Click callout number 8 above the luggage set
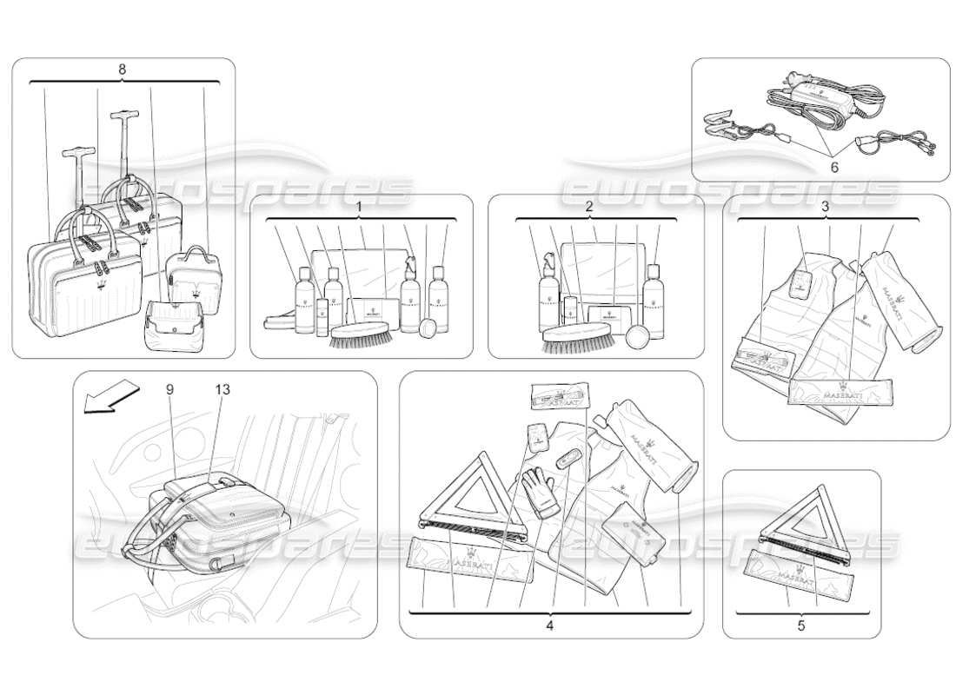(123, 68)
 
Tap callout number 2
(588, 207)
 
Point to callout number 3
(824, 207)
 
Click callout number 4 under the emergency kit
(548, 624)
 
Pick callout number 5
(800, 624)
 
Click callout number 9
(169, 390)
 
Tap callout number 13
(222, 390)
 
